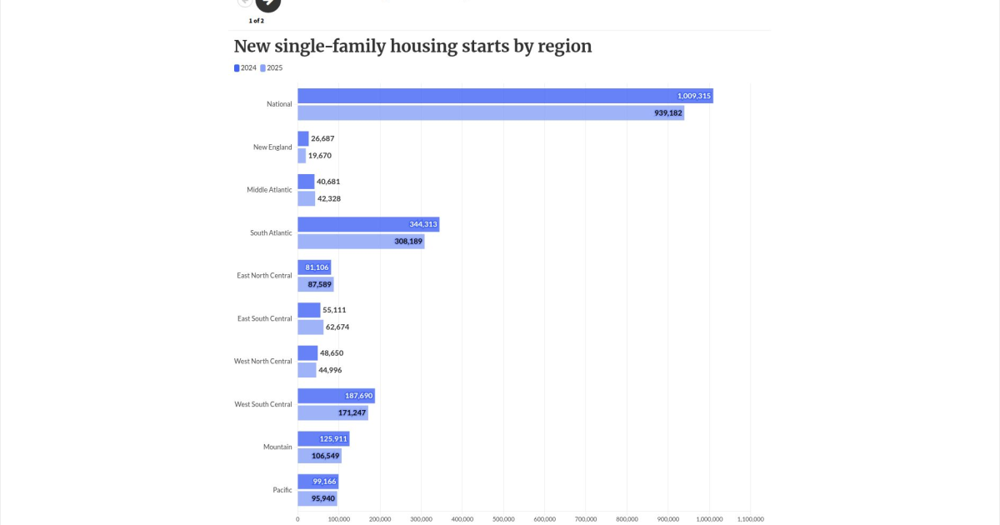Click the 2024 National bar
(505, 96)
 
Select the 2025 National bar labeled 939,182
(491, 113)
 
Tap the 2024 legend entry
(245, 67)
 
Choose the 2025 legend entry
(272, 67)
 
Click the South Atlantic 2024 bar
(368, 224)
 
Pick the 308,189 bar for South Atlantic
(361, 242)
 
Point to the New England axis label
(272, 147)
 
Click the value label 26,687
(322, 138)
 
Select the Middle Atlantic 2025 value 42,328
(329, 198)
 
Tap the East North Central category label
(264, 276)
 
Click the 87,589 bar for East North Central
(316, 284)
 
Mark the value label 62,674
(337, 327)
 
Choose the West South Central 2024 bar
(336, 396)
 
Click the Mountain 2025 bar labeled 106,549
(320, 456)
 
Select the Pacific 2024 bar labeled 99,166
(317, 482)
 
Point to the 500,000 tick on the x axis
(503, 519)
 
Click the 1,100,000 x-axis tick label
(751, 519)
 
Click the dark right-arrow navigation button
(267, 3)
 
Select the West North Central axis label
(263, 361)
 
